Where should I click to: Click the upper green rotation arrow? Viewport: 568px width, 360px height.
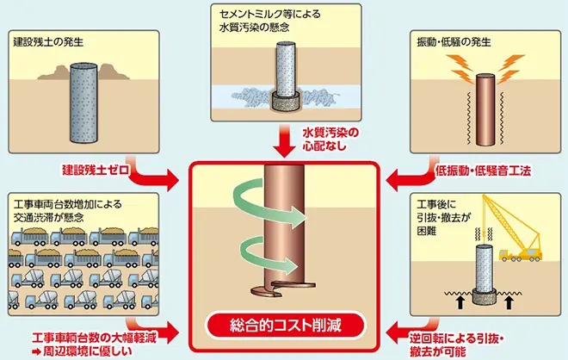coord(267,206)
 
